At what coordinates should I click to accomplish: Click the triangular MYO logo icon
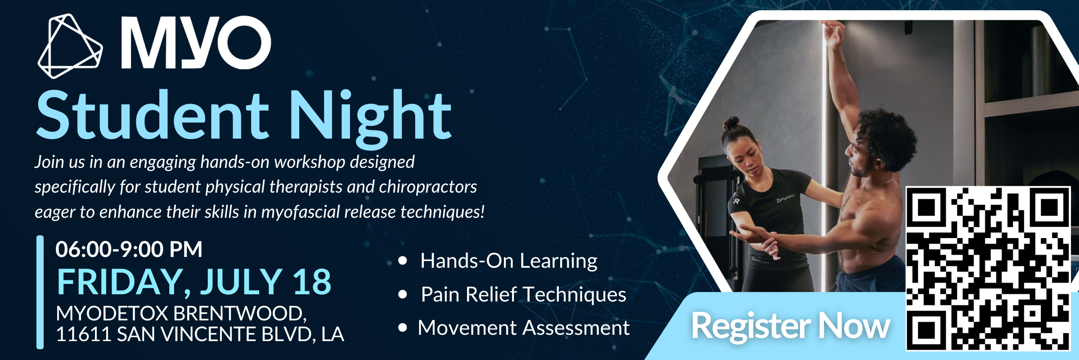click(70, 46)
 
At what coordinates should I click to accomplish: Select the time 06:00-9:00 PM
click(129, 249)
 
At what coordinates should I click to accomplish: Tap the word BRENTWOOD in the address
click(239, 314)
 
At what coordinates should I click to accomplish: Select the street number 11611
click(83, 334)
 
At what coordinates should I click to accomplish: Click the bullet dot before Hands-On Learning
click(403, 261)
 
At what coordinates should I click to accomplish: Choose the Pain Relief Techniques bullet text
click(523, 295)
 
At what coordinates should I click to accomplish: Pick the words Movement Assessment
click(524, 328)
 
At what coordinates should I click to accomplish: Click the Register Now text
click(791, 325)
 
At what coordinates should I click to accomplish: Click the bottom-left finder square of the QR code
click(926, 331)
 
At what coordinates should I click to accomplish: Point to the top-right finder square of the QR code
click(1050, 207)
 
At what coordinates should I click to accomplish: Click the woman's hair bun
click(730, 123)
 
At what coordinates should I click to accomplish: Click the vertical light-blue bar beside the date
click(40, 292)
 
